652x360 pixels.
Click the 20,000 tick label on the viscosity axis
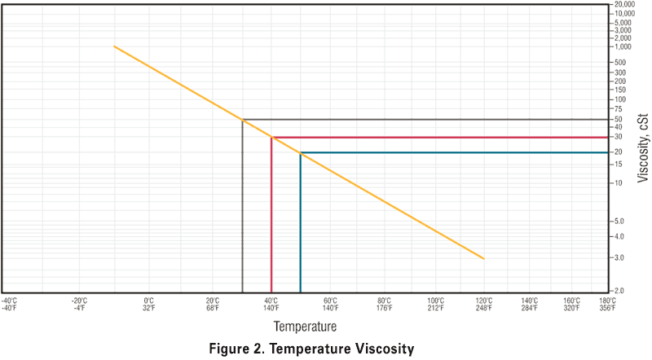click(623, 5)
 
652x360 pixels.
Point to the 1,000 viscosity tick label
click(622, 46)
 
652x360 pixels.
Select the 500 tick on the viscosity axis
click(620, 63)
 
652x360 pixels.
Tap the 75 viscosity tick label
click(619, 108)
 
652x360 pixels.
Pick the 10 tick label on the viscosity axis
click(619, 182)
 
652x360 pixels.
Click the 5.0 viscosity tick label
click(619, 221)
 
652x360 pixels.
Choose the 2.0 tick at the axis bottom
click(619, 290)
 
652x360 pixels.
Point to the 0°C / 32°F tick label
click(149, 305)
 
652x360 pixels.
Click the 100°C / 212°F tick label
click(436, 305)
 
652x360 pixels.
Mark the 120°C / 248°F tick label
click(485, 305)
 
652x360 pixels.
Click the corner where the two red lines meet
click(271, 138)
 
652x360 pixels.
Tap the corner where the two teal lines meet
click(301, 152)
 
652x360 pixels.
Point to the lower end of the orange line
click(484, 258)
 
